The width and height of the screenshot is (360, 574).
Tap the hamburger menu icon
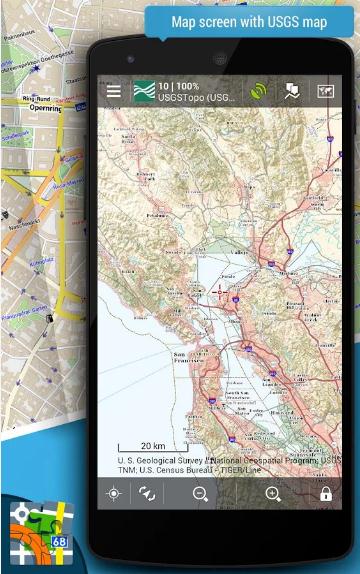point(114,92)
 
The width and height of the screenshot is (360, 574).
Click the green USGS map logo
point(145,92)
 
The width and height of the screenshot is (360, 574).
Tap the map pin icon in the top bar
point(291,92)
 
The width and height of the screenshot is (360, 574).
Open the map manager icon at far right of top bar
point(324,92)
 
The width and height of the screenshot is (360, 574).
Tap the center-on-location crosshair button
point(114,494)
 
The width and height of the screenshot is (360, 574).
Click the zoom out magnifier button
point(200,494)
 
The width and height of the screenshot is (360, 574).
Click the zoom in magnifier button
point(273,494)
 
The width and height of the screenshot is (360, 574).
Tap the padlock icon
point(325,494)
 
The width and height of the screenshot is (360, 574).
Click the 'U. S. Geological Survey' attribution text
point(165,461)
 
